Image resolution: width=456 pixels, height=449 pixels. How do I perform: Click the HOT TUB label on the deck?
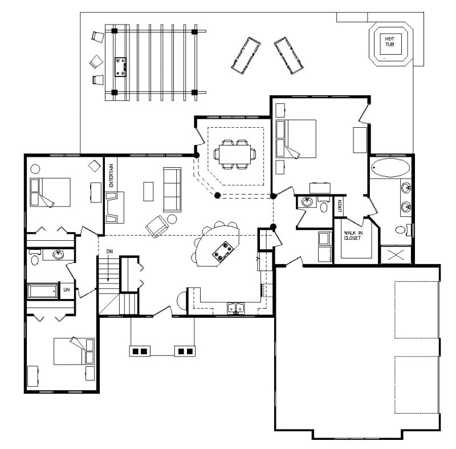click(392, 41)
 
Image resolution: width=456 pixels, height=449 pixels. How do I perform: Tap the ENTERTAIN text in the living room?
click(112, 176)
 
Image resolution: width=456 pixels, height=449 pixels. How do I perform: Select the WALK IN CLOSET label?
click(352, 236)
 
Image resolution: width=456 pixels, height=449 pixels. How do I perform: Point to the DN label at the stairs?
click(109, 251)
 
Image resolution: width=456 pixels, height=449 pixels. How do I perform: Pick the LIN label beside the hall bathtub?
click(67, 290)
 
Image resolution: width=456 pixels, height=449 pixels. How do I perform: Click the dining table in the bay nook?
click(234, 154)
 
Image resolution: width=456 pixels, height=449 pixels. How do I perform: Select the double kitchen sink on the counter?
click(235, 309)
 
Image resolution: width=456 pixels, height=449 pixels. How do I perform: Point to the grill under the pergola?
click(121, 66)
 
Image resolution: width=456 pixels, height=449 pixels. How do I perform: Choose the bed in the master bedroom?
click(296, 138)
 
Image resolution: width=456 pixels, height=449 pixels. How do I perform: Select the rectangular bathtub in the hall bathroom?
click(43, 292)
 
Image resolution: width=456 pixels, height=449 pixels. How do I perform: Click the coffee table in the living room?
click(148, 191)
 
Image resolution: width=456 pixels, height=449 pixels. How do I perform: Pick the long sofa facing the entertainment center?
click(172, 189)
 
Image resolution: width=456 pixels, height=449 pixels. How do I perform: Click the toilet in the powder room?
click(323, 205)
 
